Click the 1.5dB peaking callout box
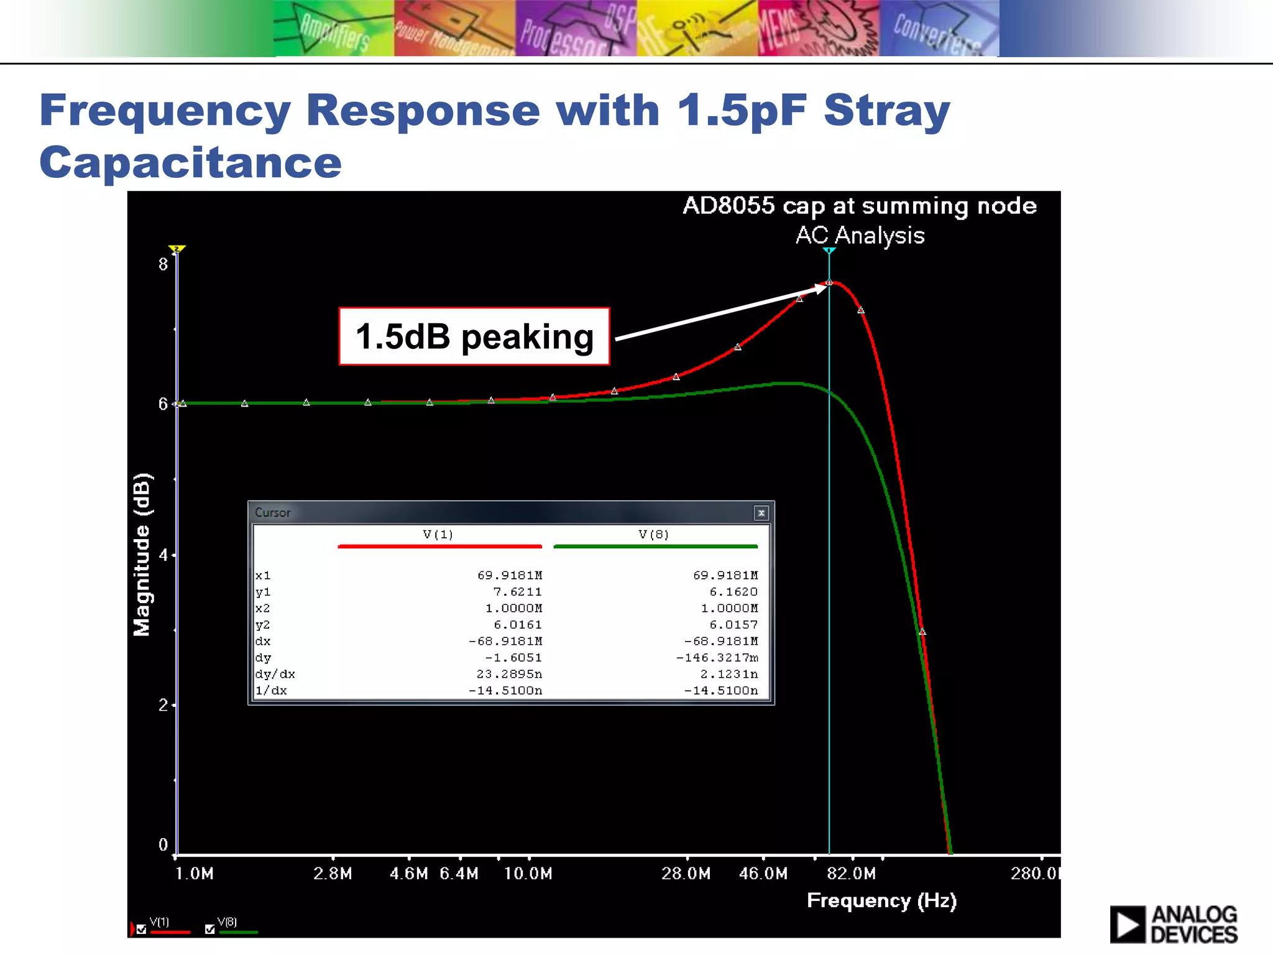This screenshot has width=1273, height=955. [x=474, y=336]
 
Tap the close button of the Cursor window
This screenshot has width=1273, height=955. [x=761, y=513]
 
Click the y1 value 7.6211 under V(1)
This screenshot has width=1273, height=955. [x=517, y=592]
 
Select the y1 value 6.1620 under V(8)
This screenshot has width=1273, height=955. [x=733, y=592]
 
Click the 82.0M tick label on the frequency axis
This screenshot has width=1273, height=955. [x=851, y=874]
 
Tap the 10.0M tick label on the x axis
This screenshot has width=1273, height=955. [x=528, y=874]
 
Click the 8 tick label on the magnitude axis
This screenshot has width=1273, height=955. [x=163, y=264]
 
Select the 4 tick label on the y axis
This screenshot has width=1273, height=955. [x=163, y=555]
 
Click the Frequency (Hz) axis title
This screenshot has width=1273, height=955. [x=881, y=901]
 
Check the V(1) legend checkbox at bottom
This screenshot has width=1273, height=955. [x=142, y=930]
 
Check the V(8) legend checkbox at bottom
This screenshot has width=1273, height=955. [x=209, y=930]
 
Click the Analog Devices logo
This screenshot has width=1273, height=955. [x=1173, y=924]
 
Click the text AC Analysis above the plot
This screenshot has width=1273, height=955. [x=860, y=236]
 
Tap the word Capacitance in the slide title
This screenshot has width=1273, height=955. [x=190, y=162]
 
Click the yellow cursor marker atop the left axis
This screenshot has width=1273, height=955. [x=177, y=249]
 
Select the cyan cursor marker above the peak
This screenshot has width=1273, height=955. [x=829, y=251]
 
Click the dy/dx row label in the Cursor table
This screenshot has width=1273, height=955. [x=275, y=674]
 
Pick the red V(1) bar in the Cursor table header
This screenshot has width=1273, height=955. [x=439, y=547]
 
